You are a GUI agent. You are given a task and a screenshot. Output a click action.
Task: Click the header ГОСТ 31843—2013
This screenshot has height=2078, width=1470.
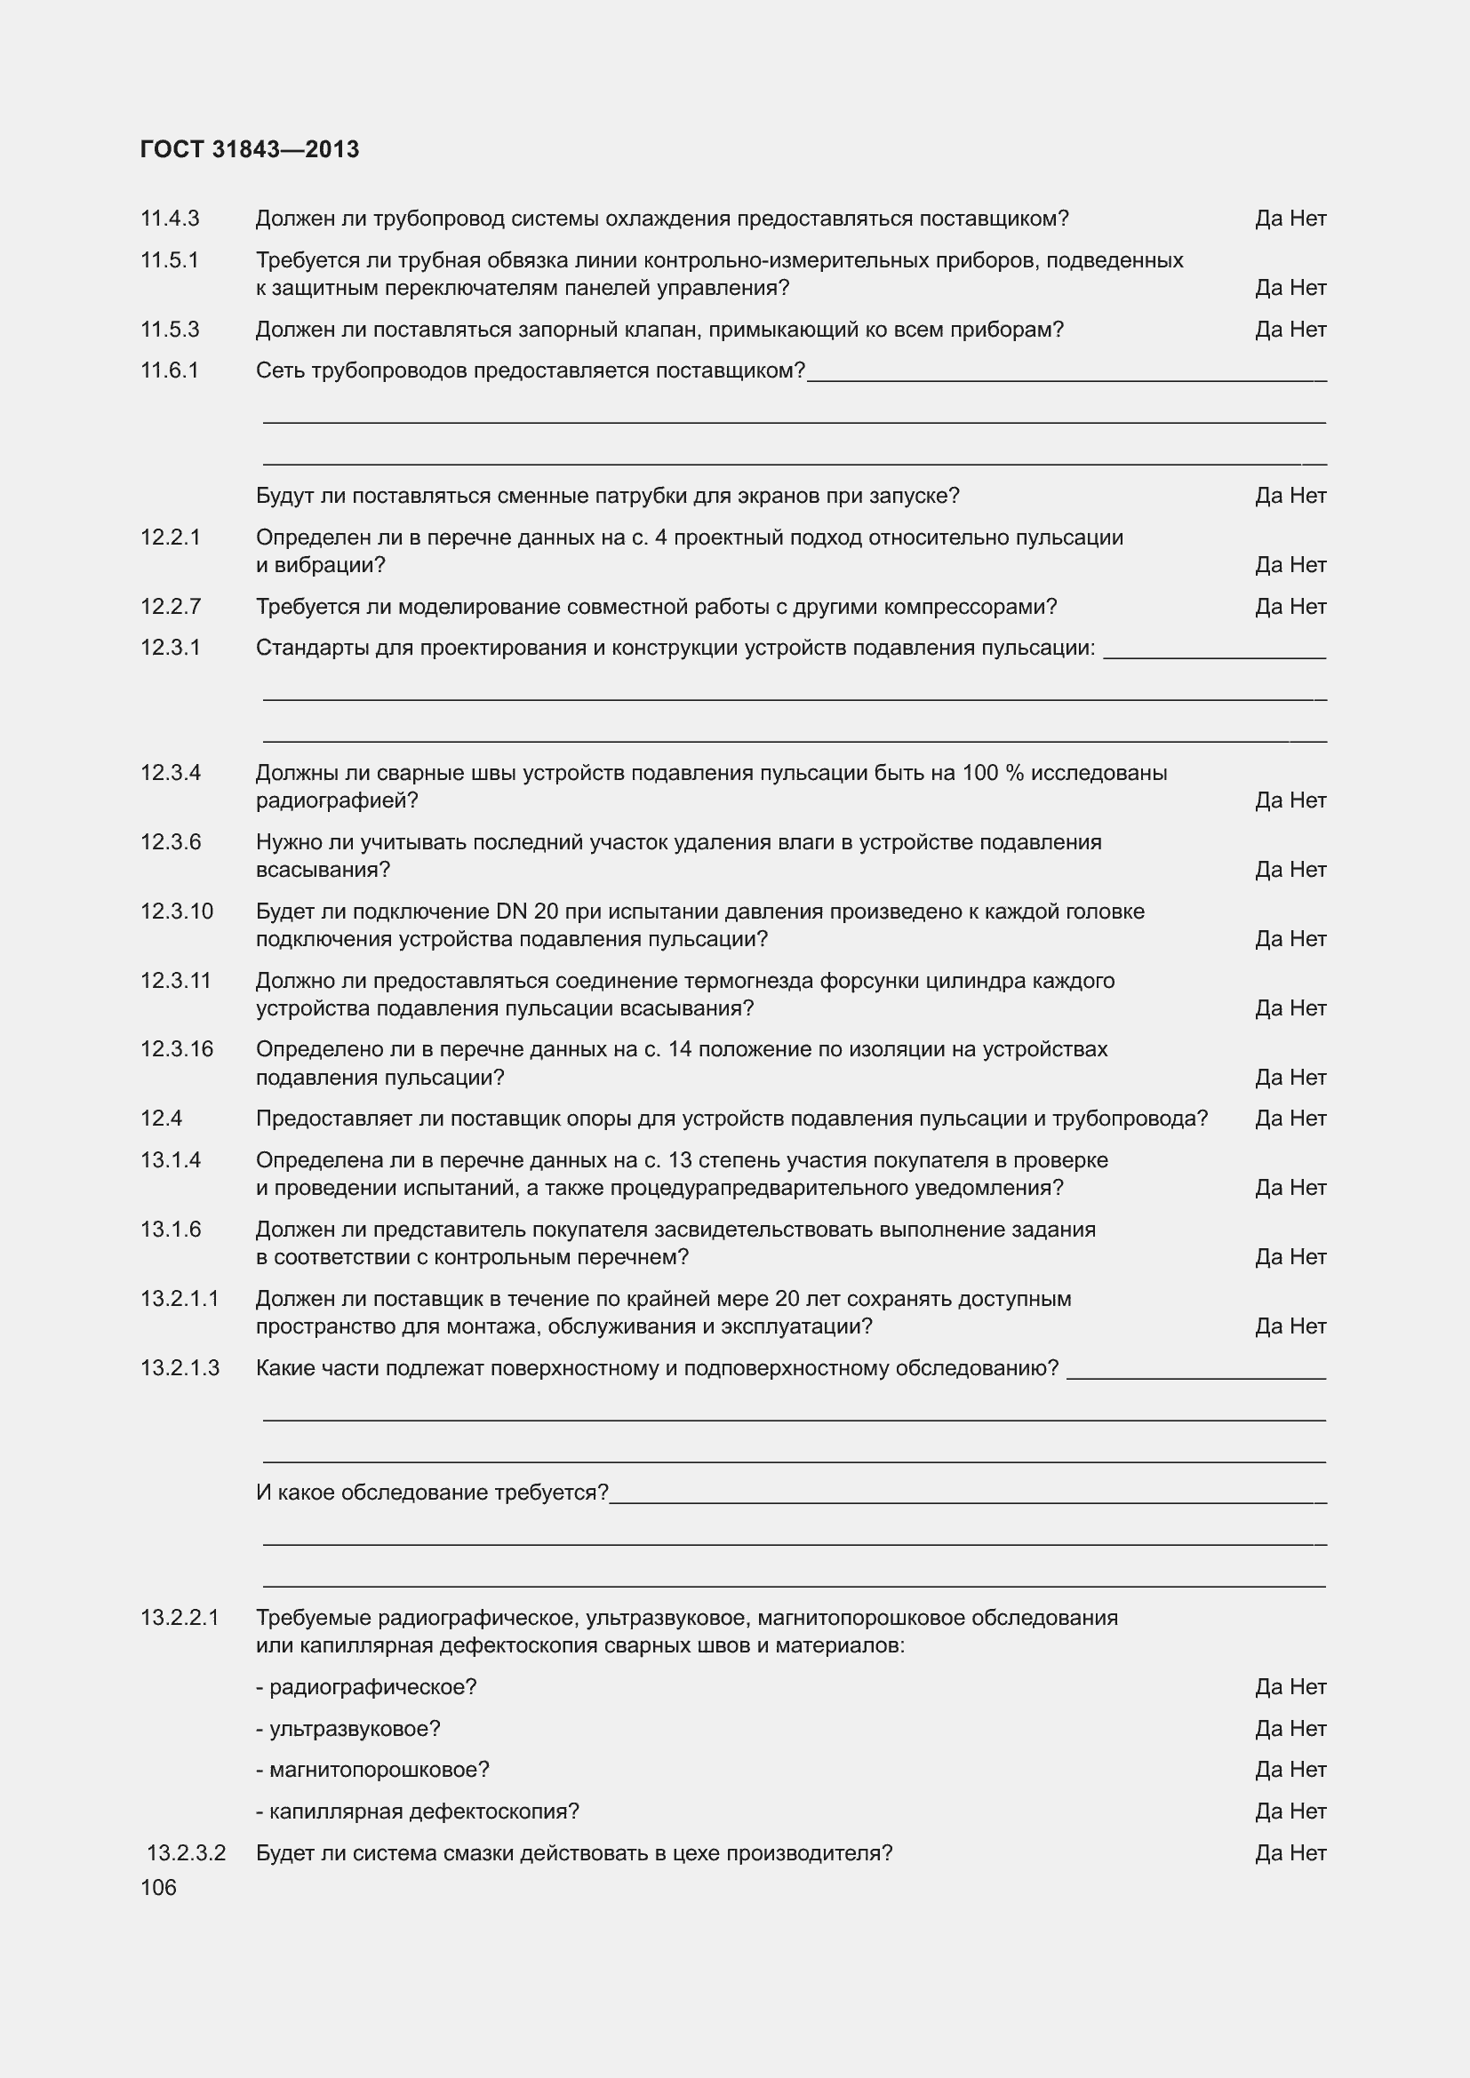click(x=250, y=149)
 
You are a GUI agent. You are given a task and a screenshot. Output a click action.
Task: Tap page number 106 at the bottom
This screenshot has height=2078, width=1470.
click(x=158, y=1887)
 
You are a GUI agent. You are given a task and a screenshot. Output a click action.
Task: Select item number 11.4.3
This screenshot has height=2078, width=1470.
click(x=169, y=219)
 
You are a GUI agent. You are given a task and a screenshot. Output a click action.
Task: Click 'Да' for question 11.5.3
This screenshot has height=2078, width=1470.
click(x=1268, y=330)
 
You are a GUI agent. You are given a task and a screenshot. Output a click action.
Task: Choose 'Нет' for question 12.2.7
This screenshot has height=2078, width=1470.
click(x=1308, y=607)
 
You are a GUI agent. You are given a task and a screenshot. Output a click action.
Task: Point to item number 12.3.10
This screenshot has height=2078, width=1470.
click(x=177, y=912)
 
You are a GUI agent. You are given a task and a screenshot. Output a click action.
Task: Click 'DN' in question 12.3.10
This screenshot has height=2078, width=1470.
click(x=511, y=912)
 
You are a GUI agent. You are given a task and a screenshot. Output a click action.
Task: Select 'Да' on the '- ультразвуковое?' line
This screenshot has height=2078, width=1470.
click(x=1268, y=1729)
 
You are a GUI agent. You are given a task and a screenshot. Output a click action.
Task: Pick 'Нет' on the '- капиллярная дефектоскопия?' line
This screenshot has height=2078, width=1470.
click(x=1308, y=1811)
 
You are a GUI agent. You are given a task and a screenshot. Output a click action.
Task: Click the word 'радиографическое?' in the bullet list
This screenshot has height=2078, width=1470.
click(x=372, y=1687)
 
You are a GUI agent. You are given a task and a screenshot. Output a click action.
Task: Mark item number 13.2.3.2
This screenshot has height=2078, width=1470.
click(x=186, y=1852)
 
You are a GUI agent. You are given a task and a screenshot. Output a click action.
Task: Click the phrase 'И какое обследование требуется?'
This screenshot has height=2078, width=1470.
click(x=432, y=1493)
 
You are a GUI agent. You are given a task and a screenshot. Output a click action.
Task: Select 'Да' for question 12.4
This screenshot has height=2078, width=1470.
click(x=1268, y=1119)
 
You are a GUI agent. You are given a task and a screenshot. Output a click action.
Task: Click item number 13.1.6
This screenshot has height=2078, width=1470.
click(x=170, y=1229)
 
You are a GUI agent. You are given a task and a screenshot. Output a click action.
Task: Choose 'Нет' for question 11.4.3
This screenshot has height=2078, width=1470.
click(x=1308, y=219)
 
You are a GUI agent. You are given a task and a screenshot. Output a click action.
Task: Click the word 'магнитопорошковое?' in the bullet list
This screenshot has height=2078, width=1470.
click(x=379, y=1770)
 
